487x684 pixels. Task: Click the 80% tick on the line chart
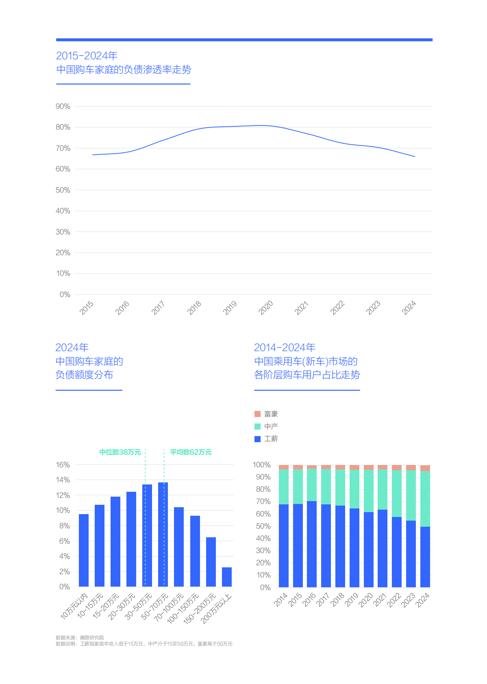[63, 127]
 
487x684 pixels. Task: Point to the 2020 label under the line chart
[266, 308]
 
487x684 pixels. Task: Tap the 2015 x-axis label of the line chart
[87, 308]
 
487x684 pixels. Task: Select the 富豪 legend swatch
[257, 414]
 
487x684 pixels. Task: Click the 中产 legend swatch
[257, 426]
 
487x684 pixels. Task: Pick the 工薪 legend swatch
[257, 439]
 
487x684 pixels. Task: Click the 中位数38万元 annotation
[120, 452]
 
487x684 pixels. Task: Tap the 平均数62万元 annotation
[191, 452]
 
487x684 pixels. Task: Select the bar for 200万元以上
[227, 577]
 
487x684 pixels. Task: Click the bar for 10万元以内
[84, 550]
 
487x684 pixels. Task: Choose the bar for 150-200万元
[211, 562]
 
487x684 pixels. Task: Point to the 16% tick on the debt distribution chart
[63, 465]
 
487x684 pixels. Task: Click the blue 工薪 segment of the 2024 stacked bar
[425, 557]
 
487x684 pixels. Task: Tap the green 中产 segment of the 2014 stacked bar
[284, 487]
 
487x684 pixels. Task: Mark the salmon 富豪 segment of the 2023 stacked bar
[411, 467]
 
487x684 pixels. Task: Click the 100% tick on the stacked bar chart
[261, 465]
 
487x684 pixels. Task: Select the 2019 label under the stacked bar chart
[352, 599]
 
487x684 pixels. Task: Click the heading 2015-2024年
[87, 56]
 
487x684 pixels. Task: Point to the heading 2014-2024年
[285, 347]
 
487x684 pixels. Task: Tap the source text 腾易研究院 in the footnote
[92, 638]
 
